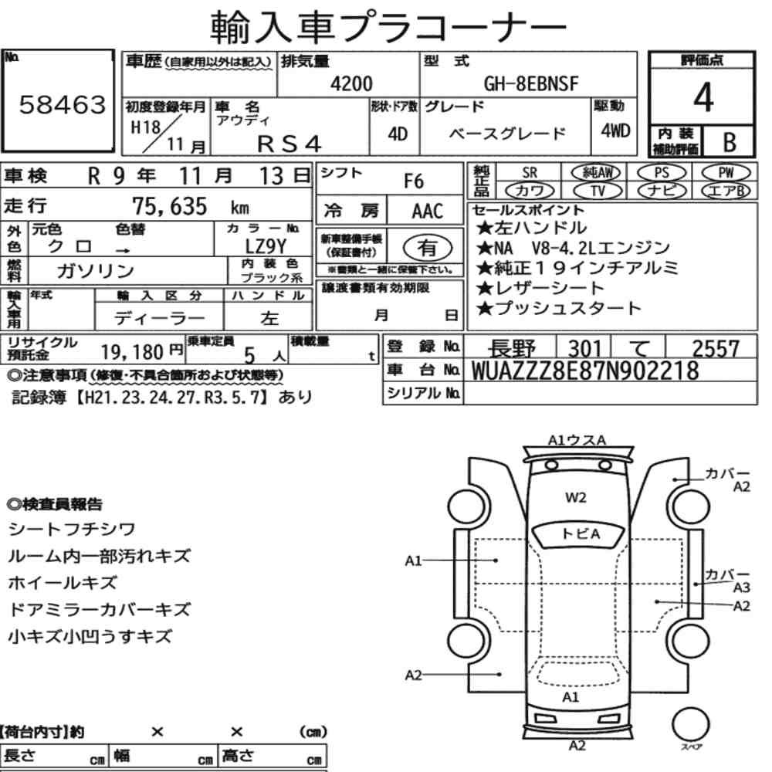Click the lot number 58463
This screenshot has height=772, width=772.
click(x=63, y=104)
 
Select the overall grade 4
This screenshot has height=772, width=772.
click(x=703, y=97)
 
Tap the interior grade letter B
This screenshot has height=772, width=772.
click(x=730, y=142)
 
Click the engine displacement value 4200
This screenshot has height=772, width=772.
click(x=351, y=83)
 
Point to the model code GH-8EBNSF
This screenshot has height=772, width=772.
click(x=531, y=83)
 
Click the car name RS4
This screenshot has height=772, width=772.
click(x=289, y=144)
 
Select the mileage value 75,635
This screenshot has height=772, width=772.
click(x=169, y=206)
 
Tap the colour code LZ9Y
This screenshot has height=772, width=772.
click(x=266, y=246)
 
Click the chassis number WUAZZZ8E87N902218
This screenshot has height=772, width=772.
click(x=585, y=371)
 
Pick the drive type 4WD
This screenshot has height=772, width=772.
click(x=615, y=130)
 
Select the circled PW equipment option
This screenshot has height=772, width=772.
click(x=726, y=173)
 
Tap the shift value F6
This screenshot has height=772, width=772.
click(x=414, y=181)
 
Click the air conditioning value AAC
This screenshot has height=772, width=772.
click(x=428, y=212)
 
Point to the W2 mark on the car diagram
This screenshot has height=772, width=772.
click(x=576, y=498)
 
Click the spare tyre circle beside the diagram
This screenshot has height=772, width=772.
click(x=690, y=724)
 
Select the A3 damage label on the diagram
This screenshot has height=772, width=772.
click(x=741, y=587)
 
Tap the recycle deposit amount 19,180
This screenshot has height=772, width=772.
click(x=132, y=352)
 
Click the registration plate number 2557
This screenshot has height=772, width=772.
click(x=716, y=349)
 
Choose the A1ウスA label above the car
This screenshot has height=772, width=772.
click(x=577, y=440)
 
